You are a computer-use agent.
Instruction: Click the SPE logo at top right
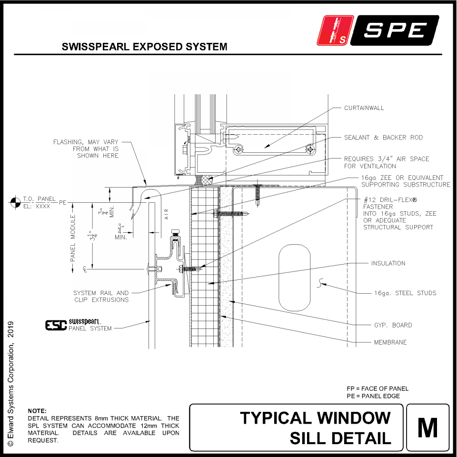click(380, 30)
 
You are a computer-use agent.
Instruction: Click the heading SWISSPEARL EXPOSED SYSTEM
click(144, 47)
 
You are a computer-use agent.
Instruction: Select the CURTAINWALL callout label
click(364, 108)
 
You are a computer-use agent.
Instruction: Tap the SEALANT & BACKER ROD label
click(383, 138)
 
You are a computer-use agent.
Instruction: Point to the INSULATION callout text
click(388, 263)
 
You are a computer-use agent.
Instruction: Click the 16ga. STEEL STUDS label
click(405, 293)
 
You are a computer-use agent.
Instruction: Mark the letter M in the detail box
click(427, 427)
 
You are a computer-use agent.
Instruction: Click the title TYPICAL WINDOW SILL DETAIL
click(316, 428)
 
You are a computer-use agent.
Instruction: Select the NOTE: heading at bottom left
click(37, 410)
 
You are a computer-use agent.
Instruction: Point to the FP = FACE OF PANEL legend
click(378, 388)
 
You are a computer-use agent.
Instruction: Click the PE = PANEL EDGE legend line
click(373, 396)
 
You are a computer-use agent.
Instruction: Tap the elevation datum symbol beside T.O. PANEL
click(14, 203)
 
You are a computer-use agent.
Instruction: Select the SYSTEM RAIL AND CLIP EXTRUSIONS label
click(101, 296)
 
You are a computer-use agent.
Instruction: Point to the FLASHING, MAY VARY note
click(86, 149)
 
